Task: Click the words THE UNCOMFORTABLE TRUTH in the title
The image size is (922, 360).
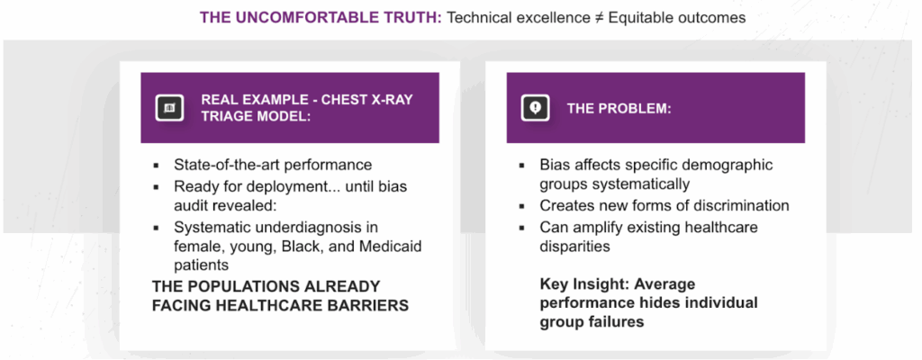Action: pyautogui.click(x=321, y=18)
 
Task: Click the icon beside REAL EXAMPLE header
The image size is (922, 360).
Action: pyautogui.click(x=170, y=108)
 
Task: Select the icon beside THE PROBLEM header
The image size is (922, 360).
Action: pyautogui.click(x=535, y=108)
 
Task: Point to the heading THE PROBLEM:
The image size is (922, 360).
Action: pyautogui.click(x=619, y=109)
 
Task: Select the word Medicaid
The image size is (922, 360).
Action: pyautogui.click(x=393, y=246)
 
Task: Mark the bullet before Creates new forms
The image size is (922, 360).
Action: pyautogui.click(x=522, y=206)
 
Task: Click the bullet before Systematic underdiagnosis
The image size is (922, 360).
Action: pyautogui.click(x=156, y=228)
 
